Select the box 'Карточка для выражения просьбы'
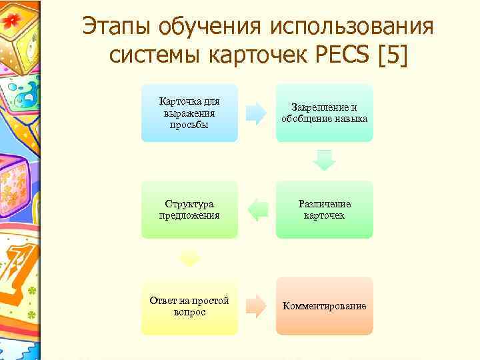tap(189, 113)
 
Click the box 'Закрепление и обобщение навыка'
tap(325, 113)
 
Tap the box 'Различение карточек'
tap(325, 209)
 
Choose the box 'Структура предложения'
tap(189, 209)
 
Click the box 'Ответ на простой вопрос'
tap(189, 306)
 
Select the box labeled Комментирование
tap(325, 306)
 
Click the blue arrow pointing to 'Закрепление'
tap(256, 113)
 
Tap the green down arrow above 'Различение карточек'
tap(325, 160)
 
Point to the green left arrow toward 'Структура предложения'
tap(257, 210)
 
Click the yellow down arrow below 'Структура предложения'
tap(189, 257)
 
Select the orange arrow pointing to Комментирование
tap(256, 306)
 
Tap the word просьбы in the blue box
tap(189, 124)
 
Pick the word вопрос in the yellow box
tap(189, 312)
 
